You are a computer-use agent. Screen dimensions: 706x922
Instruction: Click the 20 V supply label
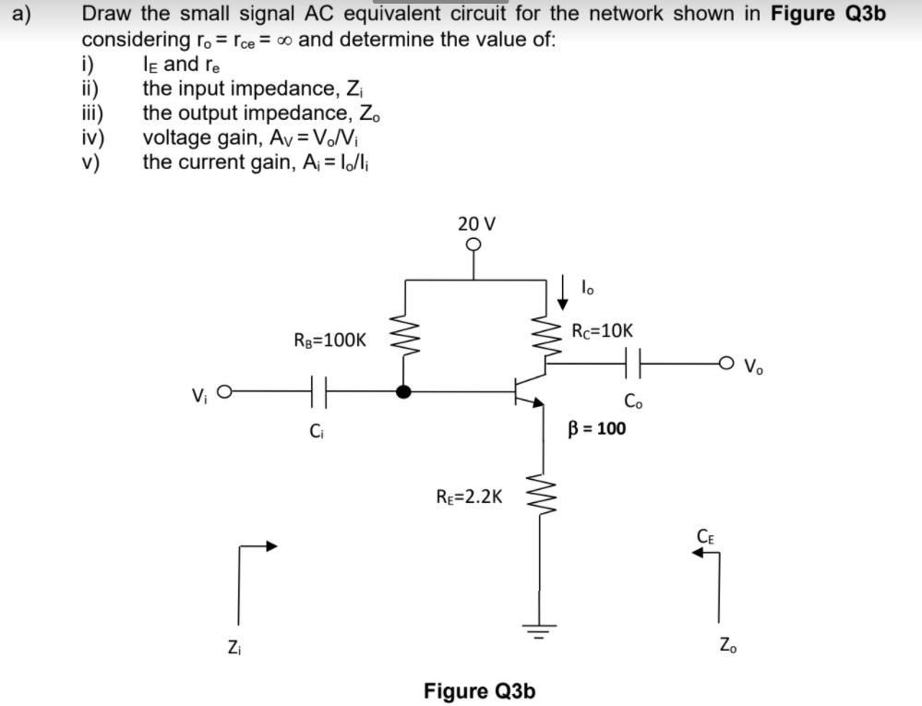click(476, 223)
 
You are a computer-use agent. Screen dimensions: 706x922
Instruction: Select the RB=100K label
click(329, 340)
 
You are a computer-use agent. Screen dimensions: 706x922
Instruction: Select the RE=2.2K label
click(470, 497)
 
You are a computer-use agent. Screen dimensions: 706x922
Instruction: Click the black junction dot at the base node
click(402, 391)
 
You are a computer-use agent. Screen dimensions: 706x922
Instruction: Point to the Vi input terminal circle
click(222, 391)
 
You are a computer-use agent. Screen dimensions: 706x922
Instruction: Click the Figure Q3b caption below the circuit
click(479, 690)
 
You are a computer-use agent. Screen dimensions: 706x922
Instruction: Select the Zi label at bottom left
click(233, 646)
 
